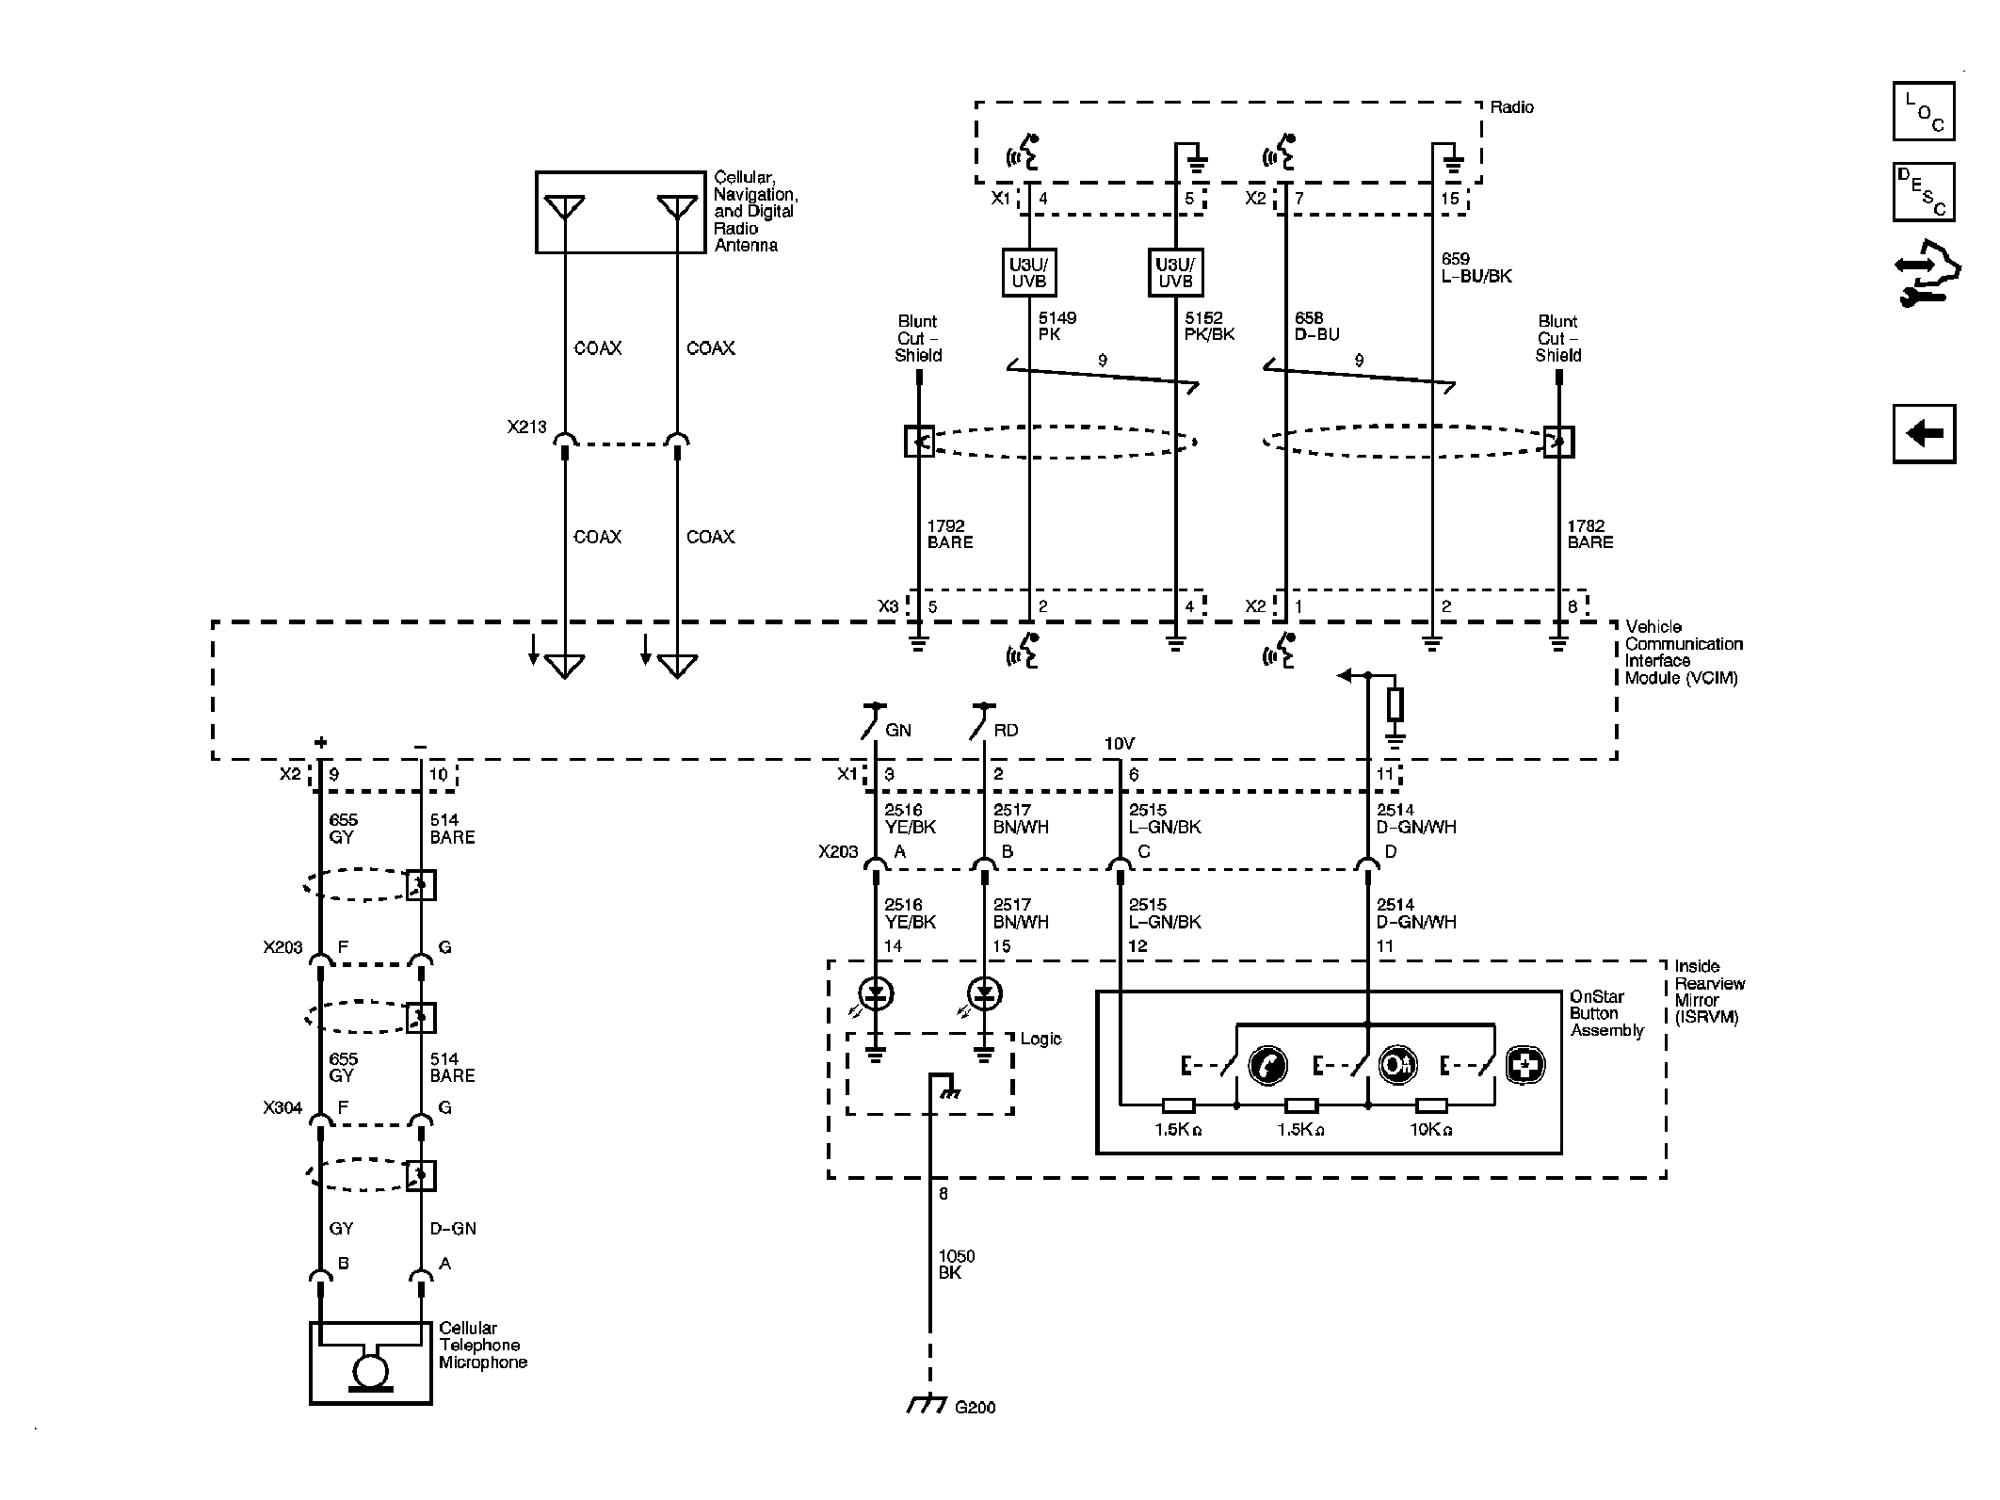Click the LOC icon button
tap(1923, 111)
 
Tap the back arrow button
tap(1924, 434)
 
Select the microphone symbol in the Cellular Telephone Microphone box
tap(370, 1371)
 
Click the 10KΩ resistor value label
tap(1430, 1129)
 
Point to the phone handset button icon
tap(1266, 1065)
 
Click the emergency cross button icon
tap(1524, 1065)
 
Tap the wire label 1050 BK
tap(956, 1264)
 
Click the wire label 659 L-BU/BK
tap(1476, 267)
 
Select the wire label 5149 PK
tap(1056, 326)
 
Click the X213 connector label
tap(526, 427)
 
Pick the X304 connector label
tap(282, 1107)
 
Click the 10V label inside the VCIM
tap(1119, 744)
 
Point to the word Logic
tap(1040, 1039)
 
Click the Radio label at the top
tap(1511, 107)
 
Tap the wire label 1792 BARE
tap(949, 534)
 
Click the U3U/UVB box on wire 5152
tap(1175, 273)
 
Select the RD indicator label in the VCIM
tap(1005, 730)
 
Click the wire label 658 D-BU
tap(1316, 326)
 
